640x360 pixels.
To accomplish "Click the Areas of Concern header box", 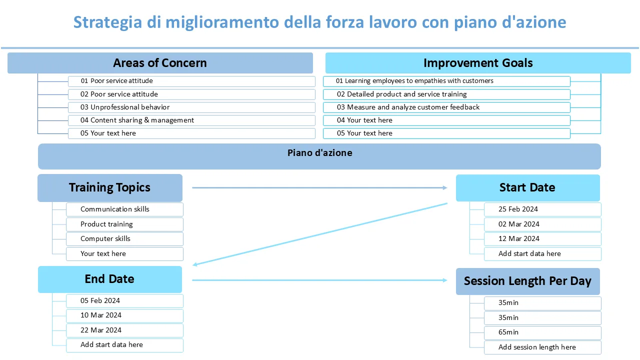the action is [x=160, y=63].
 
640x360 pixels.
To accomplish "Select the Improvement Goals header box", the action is [x=478, y=63].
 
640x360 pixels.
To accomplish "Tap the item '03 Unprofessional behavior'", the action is [x=191, y=107].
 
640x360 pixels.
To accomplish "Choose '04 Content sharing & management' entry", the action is [x=191, y=120].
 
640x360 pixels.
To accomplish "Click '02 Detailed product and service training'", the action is [x=446, y=94].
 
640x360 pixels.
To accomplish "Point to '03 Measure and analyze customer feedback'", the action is [x=446, y=107].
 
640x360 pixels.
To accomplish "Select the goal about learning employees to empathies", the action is [x=446, y=81].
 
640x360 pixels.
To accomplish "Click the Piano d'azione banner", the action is [x=319, y=156].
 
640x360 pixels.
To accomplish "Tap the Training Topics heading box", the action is [x=110, y=187].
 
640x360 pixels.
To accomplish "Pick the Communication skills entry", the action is [x=124, y=209].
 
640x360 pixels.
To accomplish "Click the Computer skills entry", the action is [x=124, y=239].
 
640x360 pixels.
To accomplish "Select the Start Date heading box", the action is [x=527, y=187].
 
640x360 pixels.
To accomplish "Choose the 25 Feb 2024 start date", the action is [x=542, y=209].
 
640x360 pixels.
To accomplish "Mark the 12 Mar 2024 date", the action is [x=542, y=239].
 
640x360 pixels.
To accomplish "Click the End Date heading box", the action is [x=110, y=279].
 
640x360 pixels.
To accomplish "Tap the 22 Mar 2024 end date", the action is [x=124, y=330].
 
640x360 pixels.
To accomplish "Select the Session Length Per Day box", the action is [x=527, y=281].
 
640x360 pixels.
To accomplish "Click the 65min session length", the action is [x=542, y=332].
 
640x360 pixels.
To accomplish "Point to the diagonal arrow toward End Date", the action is [x=320, y=234].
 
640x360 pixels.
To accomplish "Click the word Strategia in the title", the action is [x=107, y=22].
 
